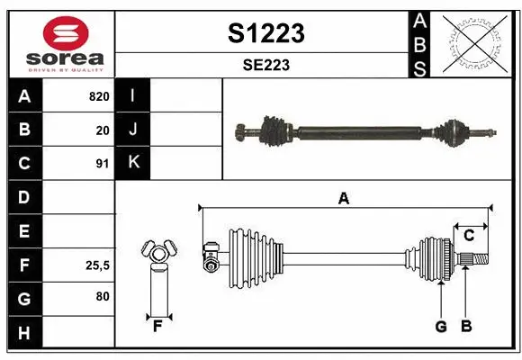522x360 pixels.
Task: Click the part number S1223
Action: point(265,33)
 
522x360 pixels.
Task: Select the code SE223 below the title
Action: point(265,65)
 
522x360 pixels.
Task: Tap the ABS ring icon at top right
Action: point(474,42)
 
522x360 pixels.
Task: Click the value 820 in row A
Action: point(98,95)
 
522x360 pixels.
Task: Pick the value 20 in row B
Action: point(102,130)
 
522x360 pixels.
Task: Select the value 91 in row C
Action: point(102,164)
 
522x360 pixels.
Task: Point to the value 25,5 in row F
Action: point(97,265)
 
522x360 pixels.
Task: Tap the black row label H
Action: point(23,333)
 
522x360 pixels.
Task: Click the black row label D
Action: point(23,197)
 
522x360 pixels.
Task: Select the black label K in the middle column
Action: point(133,163)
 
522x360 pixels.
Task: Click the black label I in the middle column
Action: point(133,95)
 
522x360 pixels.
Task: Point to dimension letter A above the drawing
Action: point(342,199)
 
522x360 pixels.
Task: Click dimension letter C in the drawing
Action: point(469,236)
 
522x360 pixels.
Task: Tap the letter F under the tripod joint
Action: point(156,326)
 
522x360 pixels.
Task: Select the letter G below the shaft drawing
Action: point(441,326)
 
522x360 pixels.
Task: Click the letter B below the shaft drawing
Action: point(465,326)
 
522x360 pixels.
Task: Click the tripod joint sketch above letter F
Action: point(157,255)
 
